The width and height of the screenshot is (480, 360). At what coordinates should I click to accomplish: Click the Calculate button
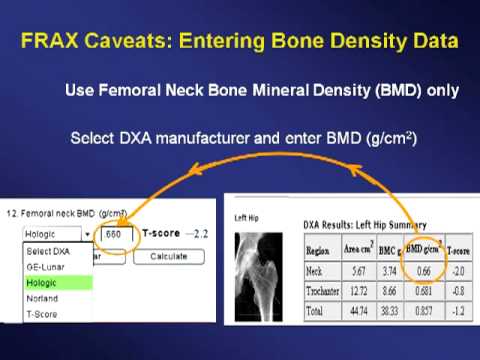(169, 255)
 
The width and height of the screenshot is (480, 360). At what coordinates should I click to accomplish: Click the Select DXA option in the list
(46, 250)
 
